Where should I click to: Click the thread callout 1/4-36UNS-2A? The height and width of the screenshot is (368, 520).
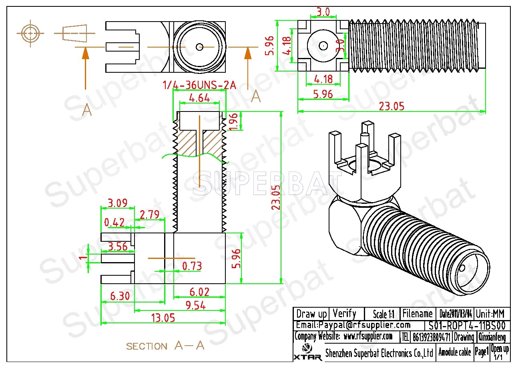coord(199,85)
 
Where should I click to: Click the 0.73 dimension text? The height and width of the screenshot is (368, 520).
coord(192,266)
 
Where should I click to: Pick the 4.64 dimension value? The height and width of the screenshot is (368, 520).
coord(199,97)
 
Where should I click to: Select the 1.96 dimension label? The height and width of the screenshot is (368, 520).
coord(235,121)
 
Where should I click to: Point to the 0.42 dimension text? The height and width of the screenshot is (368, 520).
coord(114,222)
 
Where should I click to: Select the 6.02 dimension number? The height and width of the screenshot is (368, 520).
coord(199,292)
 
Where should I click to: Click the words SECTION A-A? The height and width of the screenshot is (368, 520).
coord(165,346)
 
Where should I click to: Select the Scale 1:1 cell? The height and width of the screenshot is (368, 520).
coord(383,314)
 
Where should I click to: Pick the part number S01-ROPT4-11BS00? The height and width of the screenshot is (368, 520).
coord(467,325)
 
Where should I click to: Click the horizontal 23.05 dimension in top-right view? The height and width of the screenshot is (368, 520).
coord(392,106)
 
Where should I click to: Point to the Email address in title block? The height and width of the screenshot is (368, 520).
coord(353,325)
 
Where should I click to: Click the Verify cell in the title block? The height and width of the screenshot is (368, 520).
coord(344,313)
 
